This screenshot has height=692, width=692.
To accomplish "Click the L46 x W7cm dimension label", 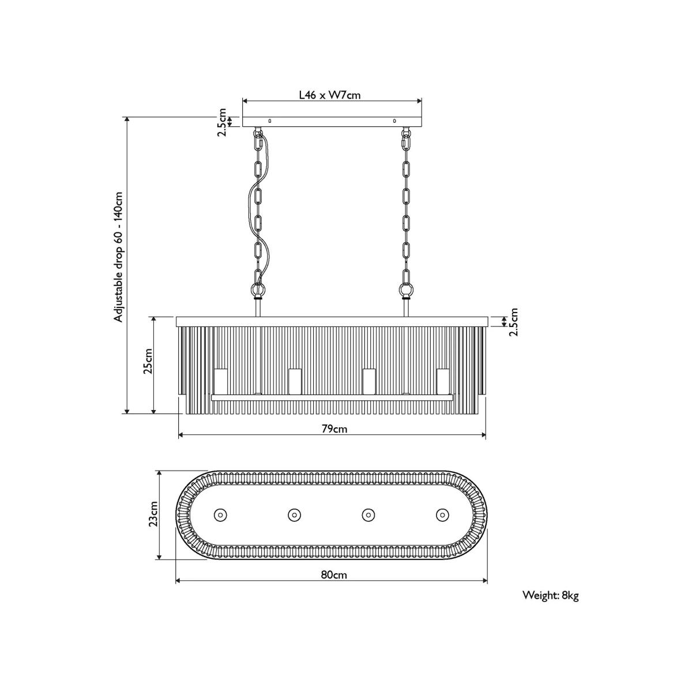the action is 330,95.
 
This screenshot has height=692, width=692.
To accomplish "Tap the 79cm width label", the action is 334,429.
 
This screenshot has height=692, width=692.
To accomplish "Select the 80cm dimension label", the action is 334,575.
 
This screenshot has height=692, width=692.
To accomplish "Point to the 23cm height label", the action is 153,514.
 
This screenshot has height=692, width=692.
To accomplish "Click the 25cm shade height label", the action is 148,361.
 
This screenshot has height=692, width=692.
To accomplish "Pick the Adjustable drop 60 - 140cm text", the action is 118,257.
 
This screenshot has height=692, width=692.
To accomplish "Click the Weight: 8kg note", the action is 551,596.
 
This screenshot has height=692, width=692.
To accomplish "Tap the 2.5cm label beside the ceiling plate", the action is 222,122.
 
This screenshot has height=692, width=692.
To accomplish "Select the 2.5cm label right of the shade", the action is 514,322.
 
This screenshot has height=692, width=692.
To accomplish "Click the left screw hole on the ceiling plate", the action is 270,121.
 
